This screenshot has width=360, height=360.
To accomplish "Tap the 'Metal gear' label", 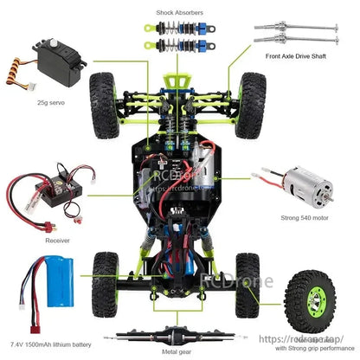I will [x=179, y=351].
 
